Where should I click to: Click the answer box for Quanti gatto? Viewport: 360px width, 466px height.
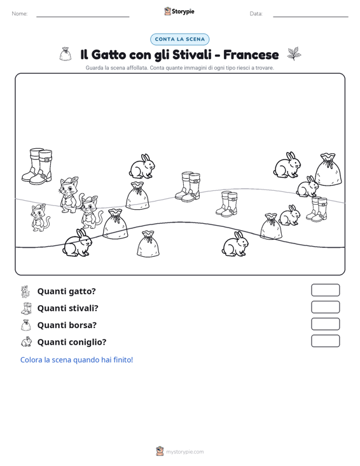(325, 290)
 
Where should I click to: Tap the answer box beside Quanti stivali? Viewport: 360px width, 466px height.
(325, 307)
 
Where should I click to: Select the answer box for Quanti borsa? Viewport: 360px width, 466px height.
(325, 324)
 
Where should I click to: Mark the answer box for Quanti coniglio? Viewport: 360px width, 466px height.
(325, 341)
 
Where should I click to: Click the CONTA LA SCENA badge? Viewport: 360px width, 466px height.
(179, 39)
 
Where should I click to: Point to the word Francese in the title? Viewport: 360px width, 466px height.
(251, 55)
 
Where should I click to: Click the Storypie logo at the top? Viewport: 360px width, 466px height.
(179, 11)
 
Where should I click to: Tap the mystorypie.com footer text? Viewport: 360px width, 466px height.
(184, 452)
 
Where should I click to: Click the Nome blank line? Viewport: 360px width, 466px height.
(83, 17)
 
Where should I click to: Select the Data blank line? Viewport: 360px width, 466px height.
(310, 17)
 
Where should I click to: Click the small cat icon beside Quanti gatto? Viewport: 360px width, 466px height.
(26, 292)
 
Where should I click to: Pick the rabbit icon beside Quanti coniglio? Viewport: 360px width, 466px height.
(26, 341)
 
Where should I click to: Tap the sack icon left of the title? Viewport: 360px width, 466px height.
(65, 54)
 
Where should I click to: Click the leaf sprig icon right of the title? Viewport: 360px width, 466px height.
(294, 53)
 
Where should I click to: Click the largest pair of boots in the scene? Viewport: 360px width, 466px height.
(37, 166)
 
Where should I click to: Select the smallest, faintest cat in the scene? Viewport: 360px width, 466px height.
(39, 218)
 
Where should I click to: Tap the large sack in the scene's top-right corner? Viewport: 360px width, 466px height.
(328, 169)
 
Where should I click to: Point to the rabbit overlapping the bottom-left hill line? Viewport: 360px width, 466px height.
(78, 243)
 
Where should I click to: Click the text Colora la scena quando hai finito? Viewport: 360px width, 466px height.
(76, 360)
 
